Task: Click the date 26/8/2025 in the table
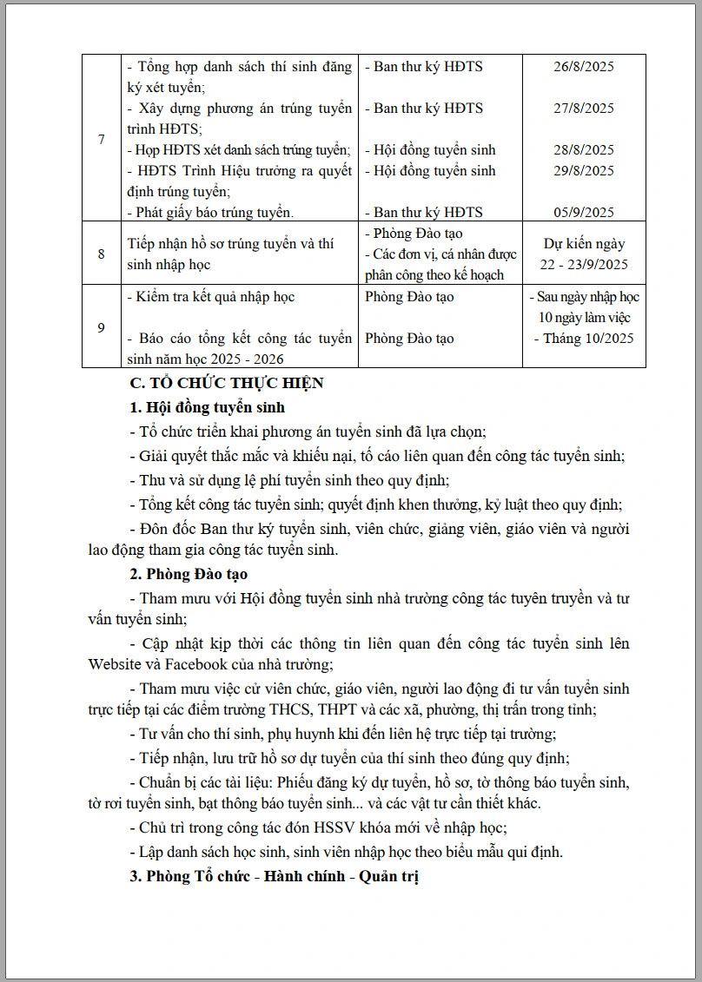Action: click(x=583, y=67)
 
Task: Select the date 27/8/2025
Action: click(x=583, y=109)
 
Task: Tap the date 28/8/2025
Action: click(x=583, y=150)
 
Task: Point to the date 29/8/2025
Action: click(x=583, y=171)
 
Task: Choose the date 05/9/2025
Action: click(x=583, y=213)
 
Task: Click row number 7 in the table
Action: click(x=102, y=139)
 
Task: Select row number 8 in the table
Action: click(x=102, y=254)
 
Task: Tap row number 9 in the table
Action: click(x=102, y=327)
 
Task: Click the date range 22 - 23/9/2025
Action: click(x=584, y=265)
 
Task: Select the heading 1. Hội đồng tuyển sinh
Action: click(x=207, y=407)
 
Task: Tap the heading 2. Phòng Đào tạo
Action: click(x=189, y=574)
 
